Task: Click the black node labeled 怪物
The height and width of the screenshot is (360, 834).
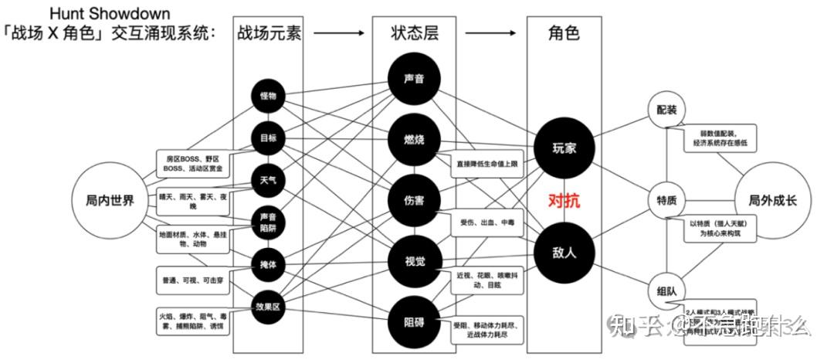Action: pyautogui.click(x=268, y=96)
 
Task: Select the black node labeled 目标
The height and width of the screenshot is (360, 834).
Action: pyautogui.click(x=268, y=138)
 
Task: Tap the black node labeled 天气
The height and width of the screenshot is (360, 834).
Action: pyautogui.click(x=268, y=181)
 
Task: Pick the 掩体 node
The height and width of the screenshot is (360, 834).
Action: pyautogui.click(x=268, y=266)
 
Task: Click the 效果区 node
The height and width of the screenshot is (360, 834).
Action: pyautogui.click(x=268, y=307)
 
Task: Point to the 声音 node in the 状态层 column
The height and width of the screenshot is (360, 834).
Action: pyautogui.click(x=414, y=79)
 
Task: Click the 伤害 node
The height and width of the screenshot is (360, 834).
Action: pyautogui.click(x=414, y=200)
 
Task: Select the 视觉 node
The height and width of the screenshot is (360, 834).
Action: pyautogui.click(x=414, y=260)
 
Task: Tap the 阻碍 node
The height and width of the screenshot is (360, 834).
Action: pyautogui.click(x=414, y=321)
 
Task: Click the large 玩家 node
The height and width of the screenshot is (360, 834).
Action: pyautogui.click(x=564, y=147)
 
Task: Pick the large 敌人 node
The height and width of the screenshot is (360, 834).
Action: pyautogui.click(x=564, y=252)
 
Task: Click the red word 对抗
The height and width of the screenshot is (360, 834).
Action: pyautogui.click(x=564, y=200)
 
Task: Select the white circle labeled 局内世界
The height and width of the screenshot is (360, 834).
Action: pyautogui.click(x=110, y=201)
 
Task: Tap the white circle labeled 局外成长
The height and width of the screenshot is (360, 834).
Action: pyautogui.click(x=772, y=201)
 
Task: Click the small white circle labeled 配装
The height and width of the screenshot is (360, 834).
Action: pyautogui.click(x=666, y=110)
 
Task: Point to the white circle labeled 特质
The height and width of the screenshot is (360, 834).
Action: pyautogui.click(x=666, y=201)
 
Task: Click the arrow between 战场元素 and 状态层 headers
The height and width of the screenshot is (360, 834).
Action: pyautogui.click(x=339, y=33)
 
